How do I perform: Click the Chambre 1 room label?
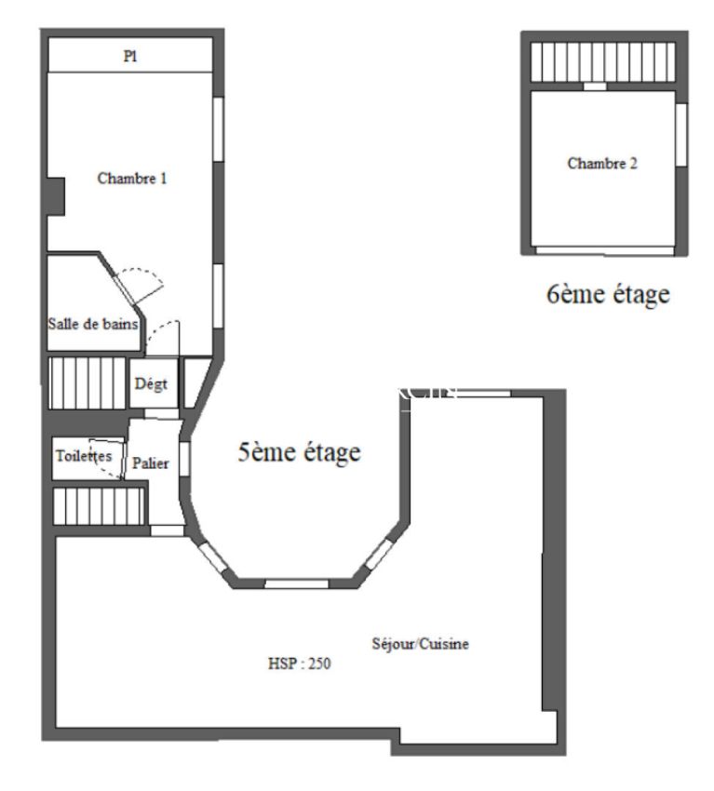point(131,178)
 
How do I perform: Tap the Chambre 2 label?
point(602,164)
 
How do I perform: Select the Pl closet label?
point(130,56)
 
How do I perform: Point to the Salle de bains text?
point(93,323)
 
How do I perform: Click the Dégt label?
point(151,384)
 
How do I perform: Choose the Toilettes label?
point(84,456)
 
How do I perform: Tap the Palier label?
point(151,463)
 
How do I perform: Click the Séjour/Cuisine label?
point(421,644)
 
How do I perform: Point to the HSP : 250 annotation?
point(299,664)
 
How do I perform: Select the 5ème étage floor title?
point(299,451)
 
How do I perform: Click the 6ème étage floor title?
point(608,293)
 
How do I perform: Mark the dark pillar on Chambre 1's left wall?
point(56,196)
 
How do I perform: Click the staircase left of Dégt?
point(87,382)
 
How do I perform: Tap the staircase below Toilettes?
point(99,505)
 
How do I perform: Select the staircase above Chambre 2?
point(603,61)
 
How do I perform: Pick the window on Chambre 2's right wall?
point(681,135)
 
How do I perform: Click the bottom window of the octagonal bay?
point(297,583)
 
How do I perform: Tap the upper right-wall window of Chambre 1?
point(218,129)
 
